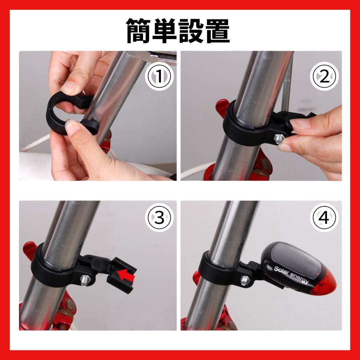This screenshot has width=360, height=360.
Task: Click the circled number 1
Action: coord(159,76)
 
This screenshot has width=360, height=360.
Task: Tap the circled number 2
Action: coord(324,76)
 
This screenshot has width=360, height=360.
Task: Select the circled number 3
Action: coord(159,217)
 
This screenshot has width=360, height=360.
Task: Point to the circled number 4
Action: coord(324,217)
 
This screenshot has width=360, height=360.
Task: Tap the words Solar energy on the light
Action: coord(291,275)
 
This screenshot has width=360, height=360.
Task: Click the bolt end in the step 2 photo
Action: coord(278,139)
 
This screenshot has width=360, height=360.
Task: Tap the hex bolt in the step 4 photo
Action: coord(245,280)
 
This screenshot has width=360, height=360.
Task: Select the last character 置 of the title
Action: coord(217,31)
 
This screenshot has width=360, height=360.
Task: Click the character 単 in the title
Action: coord(165,31)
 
